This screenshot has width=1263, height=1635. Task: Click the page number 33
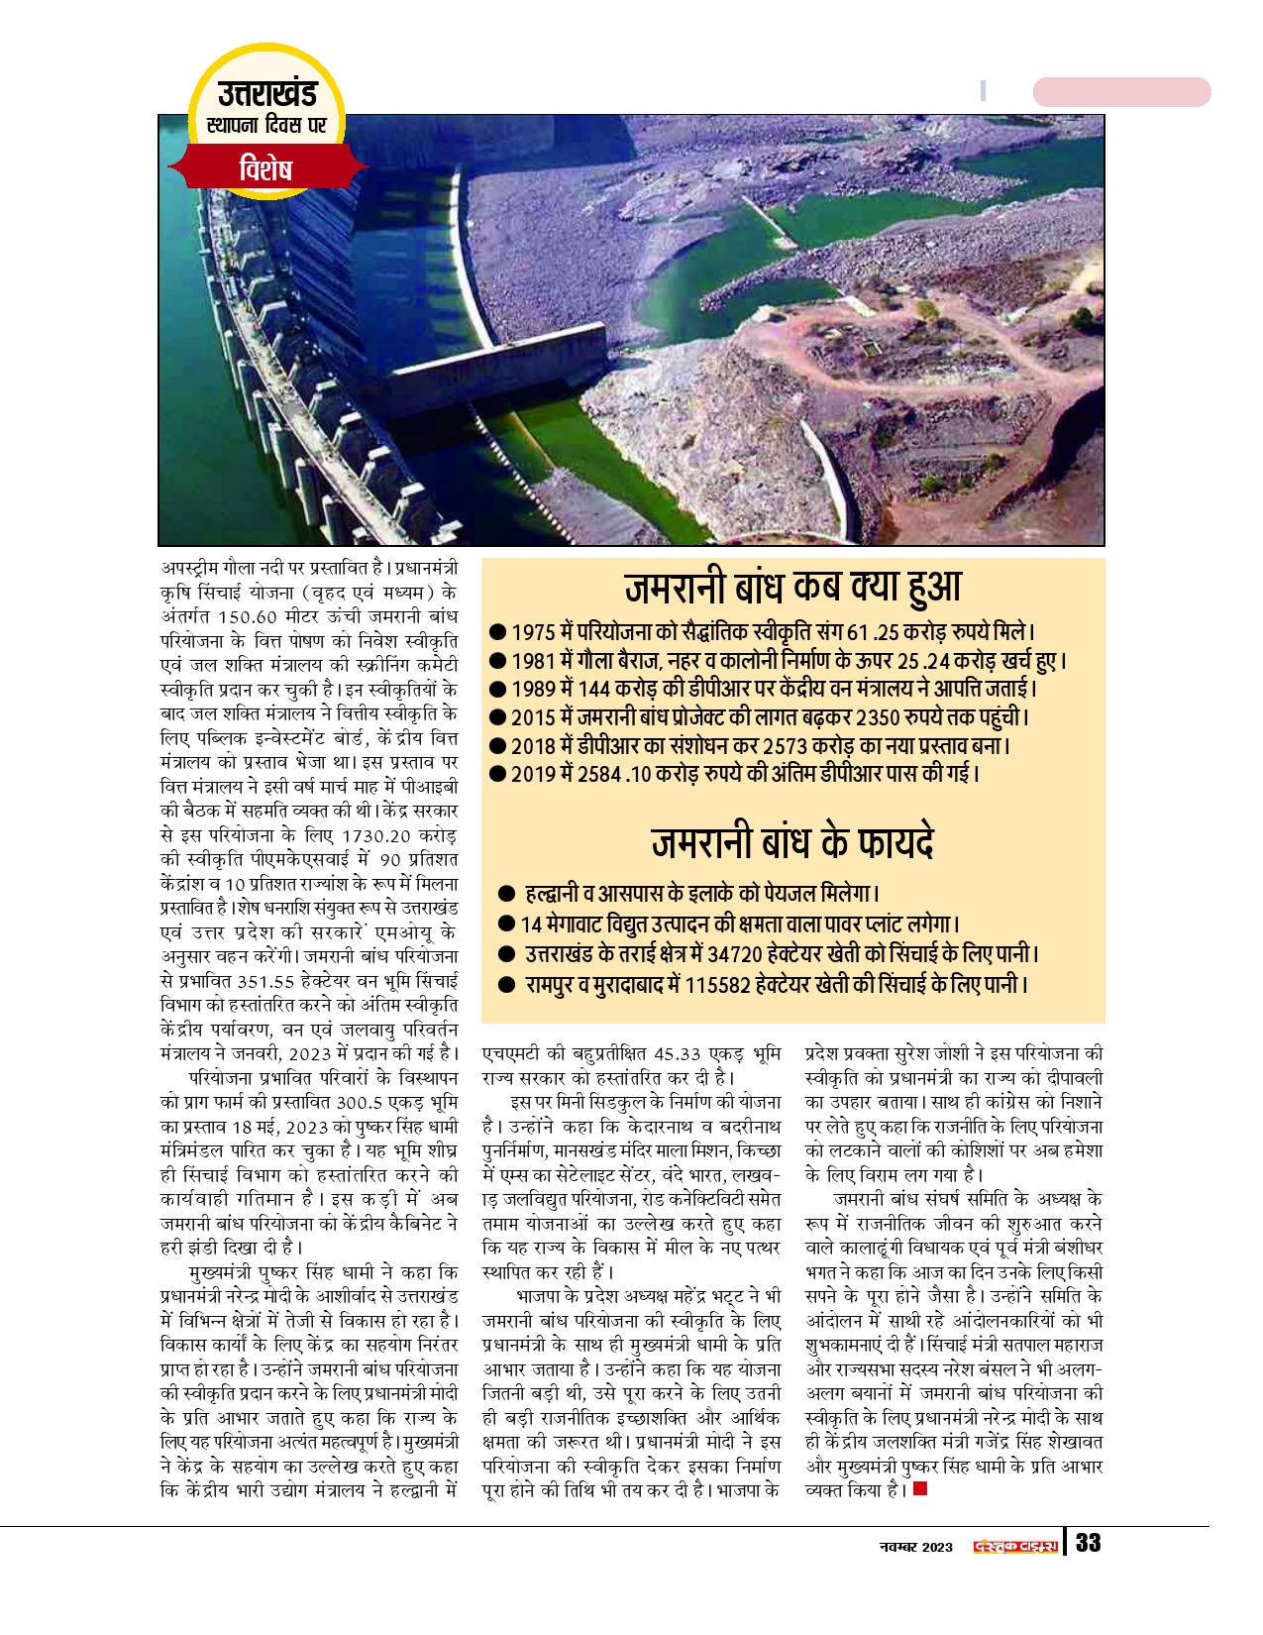(x=1088, y=1543)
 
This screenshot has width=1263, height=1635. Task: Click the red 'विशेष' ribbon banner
(x=265, y=169)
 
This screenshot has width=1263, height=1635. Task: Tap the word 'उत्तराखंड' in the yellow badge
(x=266, y=93)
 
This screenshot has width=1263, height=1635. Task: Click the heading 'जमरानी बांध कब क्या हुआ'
(x=792, y=587)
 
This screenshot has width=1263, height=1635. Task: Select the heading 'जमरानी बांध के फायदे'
(x=792, y=842)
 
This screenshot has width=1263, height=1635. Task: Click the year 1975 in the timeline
(x=532, y=632)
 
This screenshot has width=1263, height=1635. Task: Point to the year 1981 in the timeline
(x=532, y=661)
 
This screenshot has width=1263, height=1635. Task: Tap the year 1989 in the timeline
(x=532, y=689)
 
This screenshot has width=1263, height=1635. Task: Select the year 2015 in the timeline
(x=533, y=717)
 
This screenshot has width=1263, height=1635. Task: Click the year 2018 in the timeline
(x=533, y=745)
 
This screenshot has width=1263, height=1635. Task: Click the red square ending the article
(x=920, y=1488)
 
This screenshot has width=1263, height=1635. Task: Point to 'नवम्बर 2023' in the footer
(x=916, y=1547)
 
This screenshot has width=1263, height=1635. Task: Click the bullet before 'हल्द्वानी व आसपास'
(x=507, y=894)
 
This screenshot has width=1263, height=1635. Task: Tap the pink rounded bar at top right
(x=1121, y=92)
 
